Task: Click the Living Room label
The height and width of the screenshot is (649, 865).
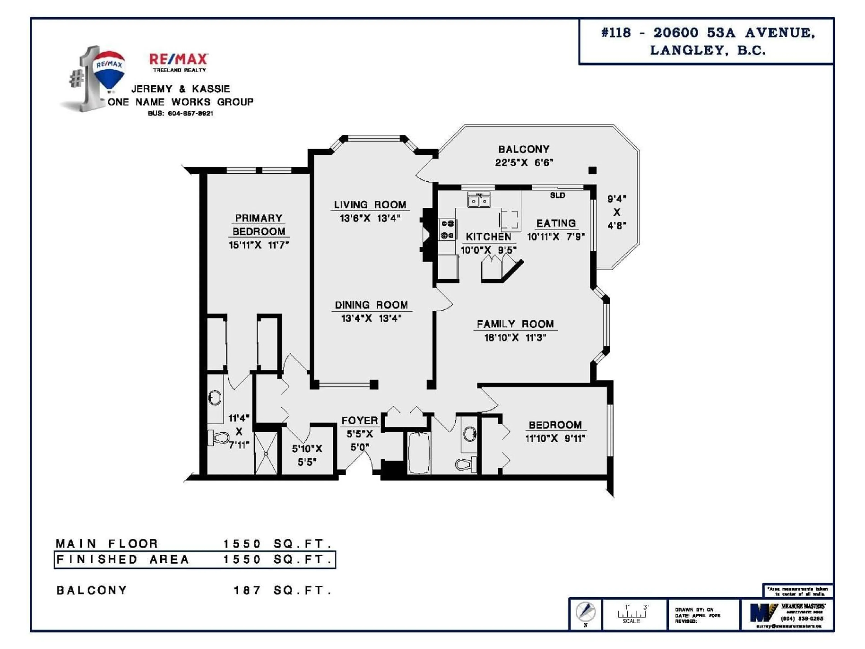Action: coord(370,205)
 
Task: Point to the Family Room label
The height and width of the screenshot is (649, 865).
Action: coord(515,324)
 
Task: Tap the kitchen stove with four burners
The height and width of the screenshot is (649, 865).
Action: coord(447,230)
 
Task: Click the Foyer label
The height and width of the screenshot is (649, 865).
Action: coord(359,420)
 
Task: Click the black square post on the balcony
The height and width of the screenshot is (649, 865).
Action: coord(592,170)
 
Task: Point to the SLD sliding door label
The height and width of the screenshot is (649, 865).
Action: coord(557,195)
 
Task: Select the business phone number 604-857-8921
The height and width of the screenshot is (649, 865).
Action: coord(181,113)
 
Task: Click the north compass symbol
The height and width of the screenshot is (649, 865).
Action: coord(585,612)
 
